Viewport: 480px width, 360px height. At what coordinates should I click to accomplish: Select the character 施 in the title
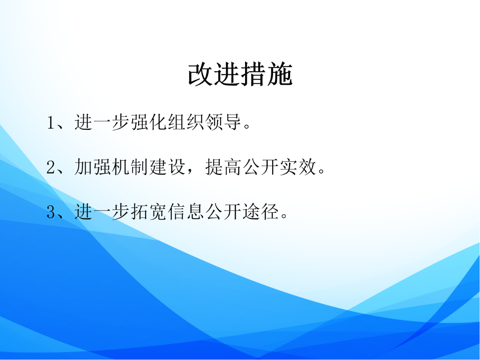(279, 74)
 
